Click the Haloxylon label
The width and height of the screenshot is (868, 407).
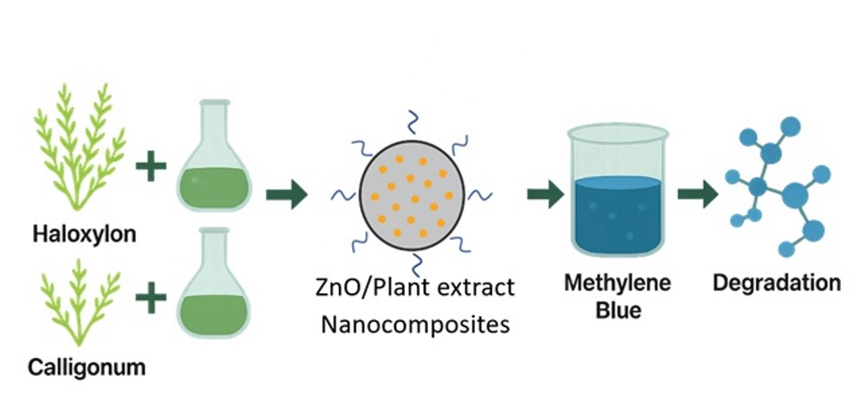(85, 234)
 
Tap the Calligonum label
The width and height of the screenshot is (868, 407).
(87, 368)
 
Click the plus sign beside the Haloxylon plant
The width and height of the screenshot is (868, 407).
(151, 166)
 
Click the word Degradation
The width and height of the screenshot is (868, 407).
(776, 282)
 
